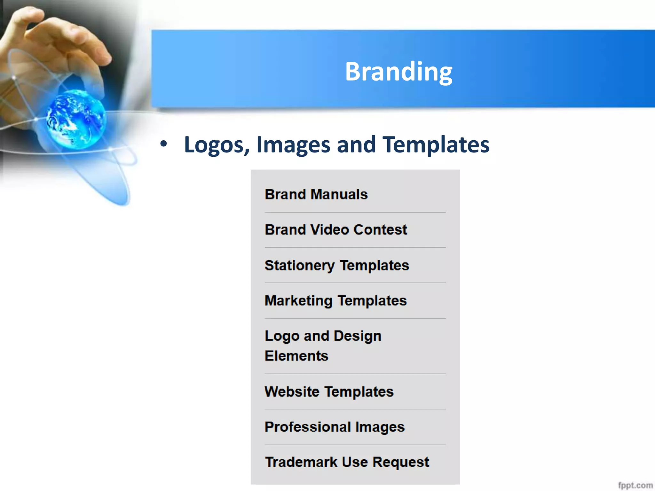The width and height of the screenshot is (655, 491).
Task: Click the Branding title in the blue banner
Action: coord(398,71)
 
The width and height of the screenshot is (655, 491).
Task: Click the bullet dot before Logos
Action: coord(163,144)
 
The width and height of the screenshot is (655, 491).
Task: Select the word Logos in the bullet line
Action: coord(217,145)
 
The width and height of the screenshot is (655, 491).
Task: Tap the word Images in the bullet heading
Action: coord(293,144)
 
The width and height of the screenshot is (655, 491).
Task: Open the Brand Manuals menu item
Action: coord(316,194)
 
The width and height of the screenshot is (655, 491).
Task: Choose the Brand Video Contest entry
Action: coord(336,230)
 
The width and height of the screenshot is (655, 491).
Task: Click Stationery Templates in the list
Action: coord(337,265)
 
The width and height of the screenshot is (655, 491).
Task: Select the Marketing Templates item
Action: coord(335,300)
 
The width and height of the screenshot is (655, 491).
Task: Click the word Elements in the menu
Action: coord(296,356)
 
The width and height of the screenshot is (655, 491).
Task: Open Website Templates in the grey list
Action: coord(329,392)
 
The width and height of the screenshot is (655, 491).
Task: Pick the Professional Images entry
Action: coord(335,427)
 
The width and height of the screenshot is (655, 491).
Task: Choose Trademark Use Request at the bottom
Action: coord(347,462)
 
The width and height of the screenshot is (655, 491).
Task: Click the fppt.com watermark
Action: coord(635,485)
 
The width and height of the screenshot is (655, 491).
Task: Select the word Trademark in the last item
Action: coord(301,462)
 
